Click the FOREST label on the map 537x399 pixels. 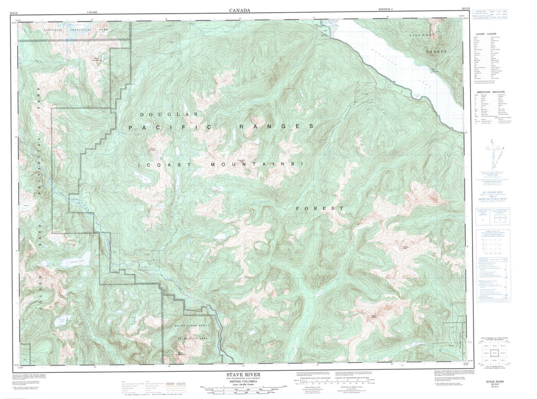tap(319, 209)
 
